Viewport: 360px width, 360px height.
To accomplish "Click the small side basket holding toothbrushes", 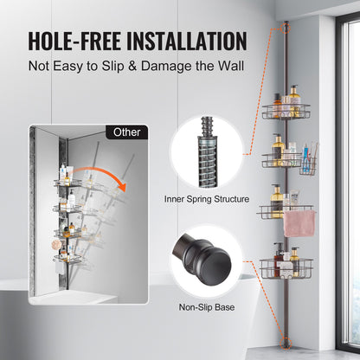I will coord(310,164).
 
